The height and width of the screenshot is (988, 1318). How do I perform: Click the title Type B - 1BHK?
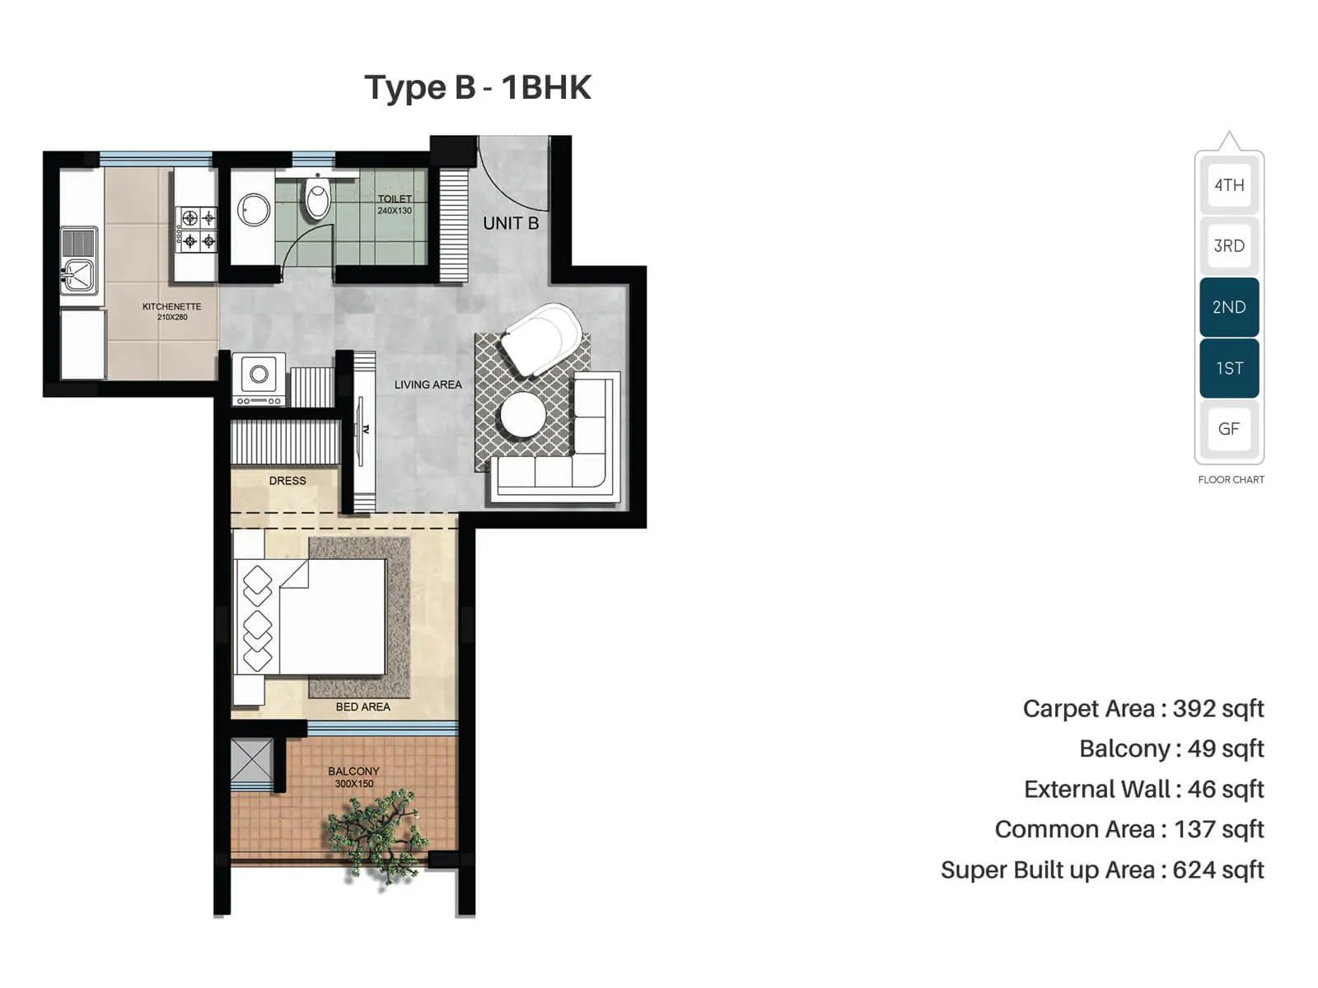pos(478,87)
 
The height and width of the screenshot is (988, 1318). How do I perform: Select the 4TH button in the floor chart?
pos(1228,185)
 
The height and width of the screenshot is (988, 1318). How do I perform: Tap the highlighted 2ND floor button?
pos(1228,307)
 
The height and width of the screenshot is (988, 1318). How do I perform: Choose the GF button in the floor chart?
pos(1228,429)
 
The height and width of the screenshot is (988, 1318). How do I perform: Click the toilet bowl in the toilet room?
pos(317,199)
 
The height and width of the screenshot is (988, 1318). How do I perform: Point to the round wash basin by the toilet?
pos(254,210)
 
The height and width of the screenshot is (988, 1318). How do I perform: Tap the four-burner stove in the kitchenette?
pos(199,229)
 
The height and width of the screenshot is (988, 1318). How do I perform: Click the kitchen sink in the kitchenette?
pos(79,272)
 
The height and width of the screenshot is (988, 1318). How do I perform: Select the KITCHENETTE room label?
pos(171,306)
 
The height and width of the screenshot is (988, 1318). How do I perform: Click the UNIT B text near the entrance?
pos(511,223)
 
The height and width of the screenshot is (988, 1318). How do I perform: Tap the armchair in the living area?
pos(542,339)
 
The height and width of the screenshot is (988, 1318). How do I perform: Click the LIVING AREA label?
pos(428,384)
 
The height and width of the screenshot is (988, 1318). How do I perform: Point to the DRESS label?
pos(287,481)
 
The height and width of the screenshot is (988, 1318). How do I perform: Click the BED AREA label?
pos(362,706)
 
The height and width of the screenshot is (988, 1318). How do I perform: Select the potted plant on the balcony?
pos(379,832)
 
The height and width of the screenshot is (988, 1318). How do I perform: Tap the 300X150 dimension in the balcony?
pos(353,784)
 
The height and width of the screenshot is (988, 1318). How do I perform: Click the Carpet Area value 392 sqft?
pos(1218,709)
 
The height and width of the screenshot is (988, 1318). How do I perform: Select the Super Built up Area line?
pos(1101,870)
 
